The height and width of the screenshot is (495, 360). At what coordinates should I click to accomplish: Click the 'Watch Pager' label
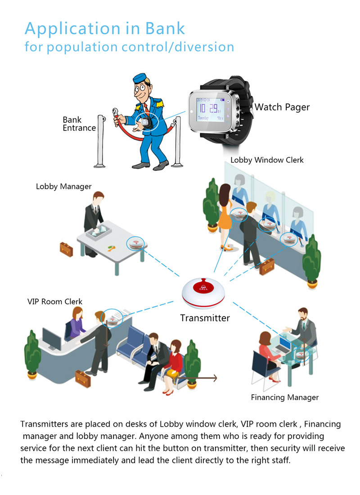[x=282, y=107]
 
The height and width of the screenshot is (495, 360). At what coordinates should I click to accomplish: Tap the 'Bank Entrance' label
[x=79, y=124]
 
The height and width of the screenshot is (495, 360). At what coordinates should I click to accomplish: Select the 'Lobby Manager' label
[x=63, y=186]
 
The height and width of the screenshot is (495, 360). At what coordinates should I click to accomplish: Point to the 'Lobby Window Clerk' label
[x=267, y=160]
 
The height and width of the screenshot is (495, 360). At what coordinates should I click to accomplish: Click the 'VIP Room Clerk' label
[x=55, y=301]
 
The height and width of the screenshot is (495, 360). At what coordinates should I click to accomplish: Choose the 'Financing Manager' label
[x=284, y=397]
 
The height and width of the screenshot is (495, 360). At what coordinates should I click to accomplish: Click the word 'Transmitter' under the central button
[x=205, y=318]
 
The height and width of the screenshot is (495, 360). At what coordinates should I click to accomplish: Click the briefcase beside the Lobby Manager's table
[x=67, y=247]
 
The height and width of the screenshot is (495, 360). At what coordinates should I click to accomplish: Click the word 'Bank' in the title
[x=165, y=28]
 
